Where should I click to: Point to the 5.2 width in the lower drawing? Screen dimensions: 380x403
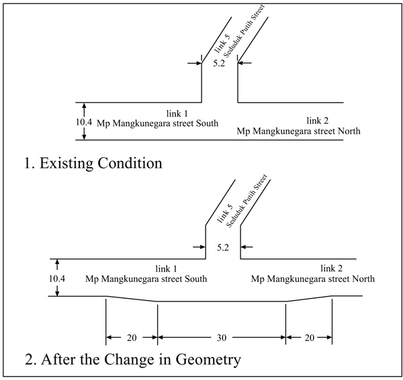(224, 248)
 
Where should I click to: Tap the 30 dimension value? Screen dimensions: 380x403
(222, 338)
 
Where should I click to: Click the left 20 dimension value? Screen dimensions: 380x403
(131, 338)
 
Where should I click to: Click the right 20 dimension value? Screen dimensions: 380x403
(310, 338)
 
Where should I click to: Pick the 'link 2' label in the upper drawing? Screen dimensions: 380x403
(318, 121)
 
